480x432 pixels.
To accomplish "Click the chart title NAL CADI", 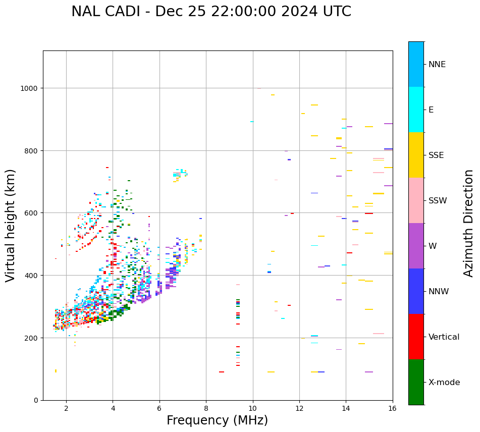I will pyautogui.click(x=211, y=12).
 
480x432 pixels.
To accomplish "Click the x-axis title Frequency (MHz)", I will pyautogui.click(x=217, y=420).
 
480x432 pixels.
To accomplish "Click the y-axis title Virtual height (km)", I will pyautogui.click(x=11, y=226).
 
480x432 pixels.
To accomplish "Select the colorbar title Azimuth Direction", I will pyautogui.click(x=469, y=223).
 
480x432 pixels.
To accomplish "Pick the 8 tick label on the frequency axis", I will pyautogui.click(x=206, y=409).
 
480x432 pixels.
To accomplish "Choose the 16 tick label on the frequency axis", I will pyautogui.click(x=393, y=409).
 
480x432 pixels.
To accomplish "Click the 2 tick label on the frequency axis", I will pyautogui.click(x=66, y=409).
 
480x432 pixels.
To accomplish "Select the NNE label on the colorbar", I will pyautogui.click(x=437, y=65).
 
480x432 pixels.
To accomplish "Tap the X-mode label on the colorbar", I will pyautogui.click(x=444, y=383).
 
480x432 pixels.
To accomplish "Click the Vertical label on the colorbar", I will pyautogui.click(x=444, y=337).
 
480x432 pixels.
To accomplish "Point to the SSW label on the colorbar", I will pyautogui.click(x=438, y=201).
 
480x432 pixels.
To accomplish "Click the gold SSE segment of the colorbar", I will pyautogui.click(x=416, y=155).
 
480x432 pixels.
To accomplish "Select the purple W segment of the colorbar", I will pyautogui.click(x=416, y=246).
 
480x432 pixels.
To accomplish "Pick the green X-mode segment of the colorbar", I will pyautogui.click(x=416, y=382).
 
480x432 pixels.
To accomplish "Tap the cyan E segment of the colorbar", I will pyautogui.click(x=416, y=110).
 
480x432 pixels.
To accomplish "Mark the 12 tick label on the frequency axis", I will pyautogui.click(x=299, y=409).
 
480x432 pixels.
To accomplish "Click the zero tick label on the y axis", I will pyautogui.click(x=36, y=401).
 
